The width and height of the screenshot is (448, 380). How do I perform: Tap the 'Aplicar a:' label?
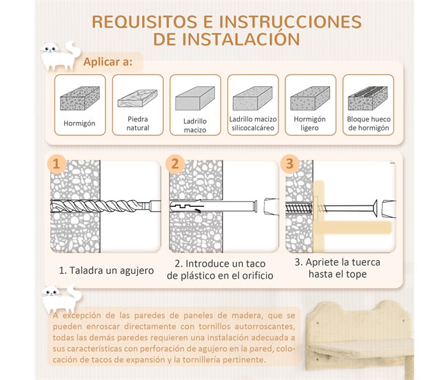(108, 63)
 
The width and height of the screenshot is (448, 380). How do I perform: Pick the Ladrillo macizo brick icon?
(195, 101)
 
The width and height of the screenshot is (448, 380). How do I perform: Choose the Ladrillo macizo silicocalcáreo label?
(252, 123)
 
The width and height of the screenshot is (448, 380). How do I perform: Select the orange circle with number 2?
(175, 165)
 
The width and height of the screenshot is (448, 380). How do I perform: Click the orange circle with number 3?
(289, 165)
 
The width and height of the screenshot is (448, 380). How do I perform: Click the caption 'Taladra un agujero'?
(106, 270)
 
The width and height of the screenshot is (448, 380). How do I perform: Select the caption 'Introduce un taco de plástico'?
(220, 269)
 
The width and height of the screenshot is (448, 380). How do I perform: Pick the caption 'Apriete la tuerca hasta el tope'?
(337, 268)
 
